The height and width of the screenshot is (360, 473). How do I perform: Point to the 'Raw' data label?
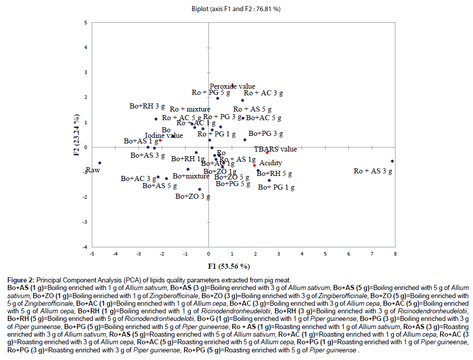(x=92, y=170)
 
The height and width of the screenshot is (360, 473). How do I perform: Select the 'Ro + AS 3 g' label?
(x=373, y=171)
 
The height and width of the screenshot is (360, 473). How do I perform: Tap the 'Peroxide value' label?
(x=233, y=87)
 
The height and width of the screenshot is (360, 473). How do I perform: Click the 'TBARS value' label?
(x=276, y=150)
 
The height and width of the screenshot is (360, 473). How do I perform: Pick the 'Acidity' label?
(x=271, y=163)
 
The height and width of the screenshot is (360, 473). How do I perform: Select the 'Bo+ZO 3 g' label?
(x=193, y=196)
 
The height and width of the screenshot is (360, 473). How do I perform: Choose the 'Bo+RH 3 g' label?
(x=147, y=106)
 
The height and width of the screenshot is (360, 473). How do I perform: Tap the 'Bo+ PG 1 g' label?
(x=276, y=187)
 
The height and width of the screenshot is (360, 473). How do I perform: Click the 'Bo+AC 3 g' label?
(x=138, y=179)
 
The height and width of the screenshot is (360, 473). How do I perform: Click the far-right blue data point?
(x=392, y=161)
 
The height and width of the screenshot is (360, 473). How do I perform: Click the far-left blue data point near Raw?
(x=100, y=163)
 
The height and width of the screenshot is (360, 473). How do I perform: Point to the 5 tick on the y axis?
(x=86, y=23)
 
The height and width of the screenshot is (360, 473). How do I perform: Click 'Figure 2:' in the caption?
(x=21, y=280)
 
